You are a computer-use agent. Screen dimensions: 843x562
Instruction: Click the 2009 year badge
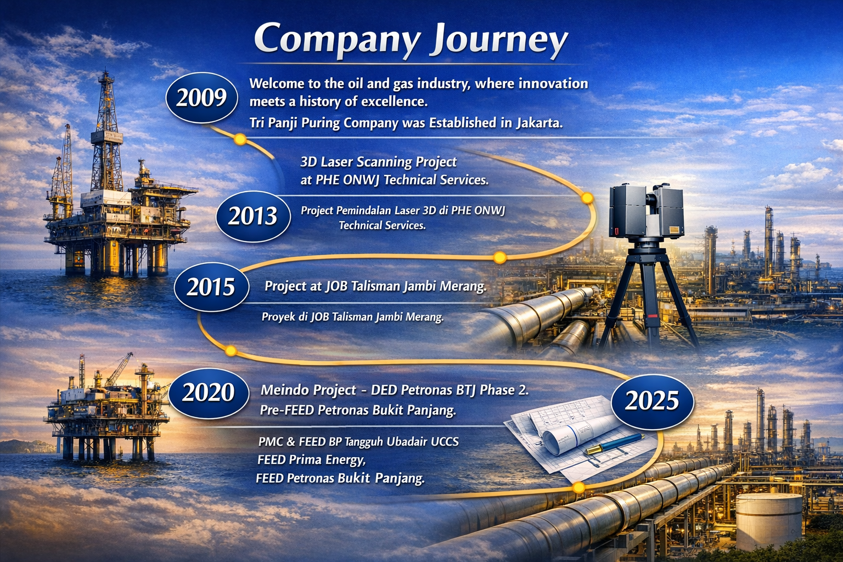[202, 98]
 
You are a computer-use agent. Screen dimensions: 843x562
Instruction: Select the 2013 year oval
[253, 216]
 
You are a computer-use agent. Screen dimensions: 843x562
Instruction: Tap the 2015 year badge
[211, 287]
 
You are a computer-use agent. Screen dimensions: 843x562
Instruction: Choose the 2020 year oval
[209, 392]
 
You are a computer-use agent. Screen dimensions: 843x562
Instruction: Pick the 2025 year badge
[652, 401]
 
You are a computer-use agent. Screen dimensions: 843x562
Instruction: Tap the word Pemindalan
[364, 210]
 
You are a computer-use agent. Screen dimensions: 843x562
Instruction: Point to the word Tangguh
[364, 442]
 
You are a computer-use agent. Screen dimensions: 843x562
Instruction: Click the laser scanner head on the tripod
[646, 211]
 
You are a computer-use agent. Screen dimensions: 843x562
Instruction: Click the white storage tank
[768, 521]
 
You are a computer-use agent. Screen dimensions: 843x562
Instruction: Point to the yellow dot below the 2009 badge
[240, 139]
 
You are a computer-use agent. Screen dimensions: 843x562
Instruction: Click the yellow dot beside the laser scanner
[587, 198]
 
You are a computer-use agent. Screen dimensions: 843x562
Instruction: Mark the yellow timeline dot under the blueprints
[579, 488]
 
